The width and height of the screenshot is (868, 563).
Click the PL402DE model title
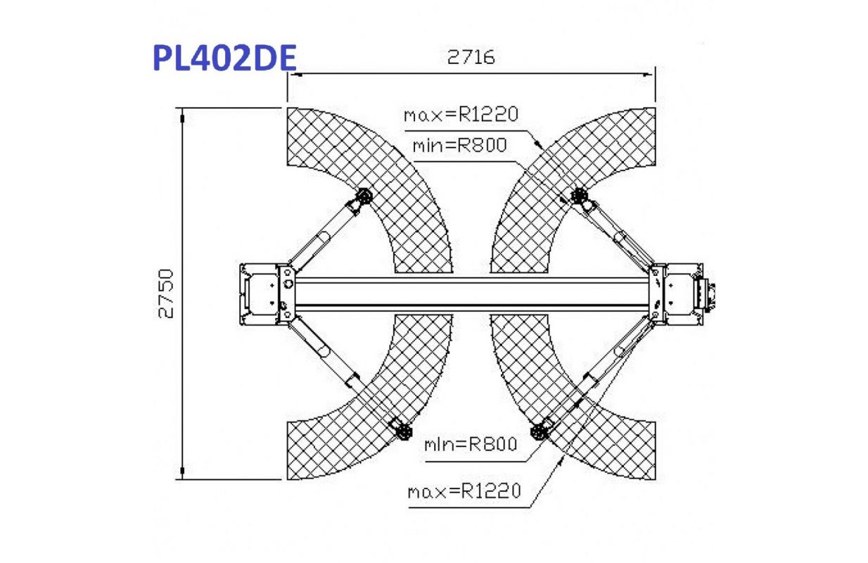tap(225, 58)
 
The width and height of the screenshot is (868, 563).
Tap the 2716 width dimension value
tap(471, 58)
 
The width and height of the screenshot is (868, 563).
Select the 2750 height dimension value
tap(166, 294)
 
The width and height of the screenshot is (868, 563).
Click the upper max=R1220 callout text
tap(461, 115)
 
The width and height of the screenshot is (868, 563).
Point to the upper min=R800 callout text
tap(459, 146)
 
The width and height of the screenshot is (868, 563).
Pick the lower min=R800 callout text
tap(471, 444)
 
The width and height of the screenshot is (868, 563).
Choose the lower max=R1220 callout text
tap(464, 492)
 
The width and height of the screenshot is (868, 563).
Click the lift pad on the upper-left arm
tap(364, 196)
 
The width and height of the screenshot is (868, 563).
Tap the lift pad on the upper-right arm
tap(579, 196)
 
